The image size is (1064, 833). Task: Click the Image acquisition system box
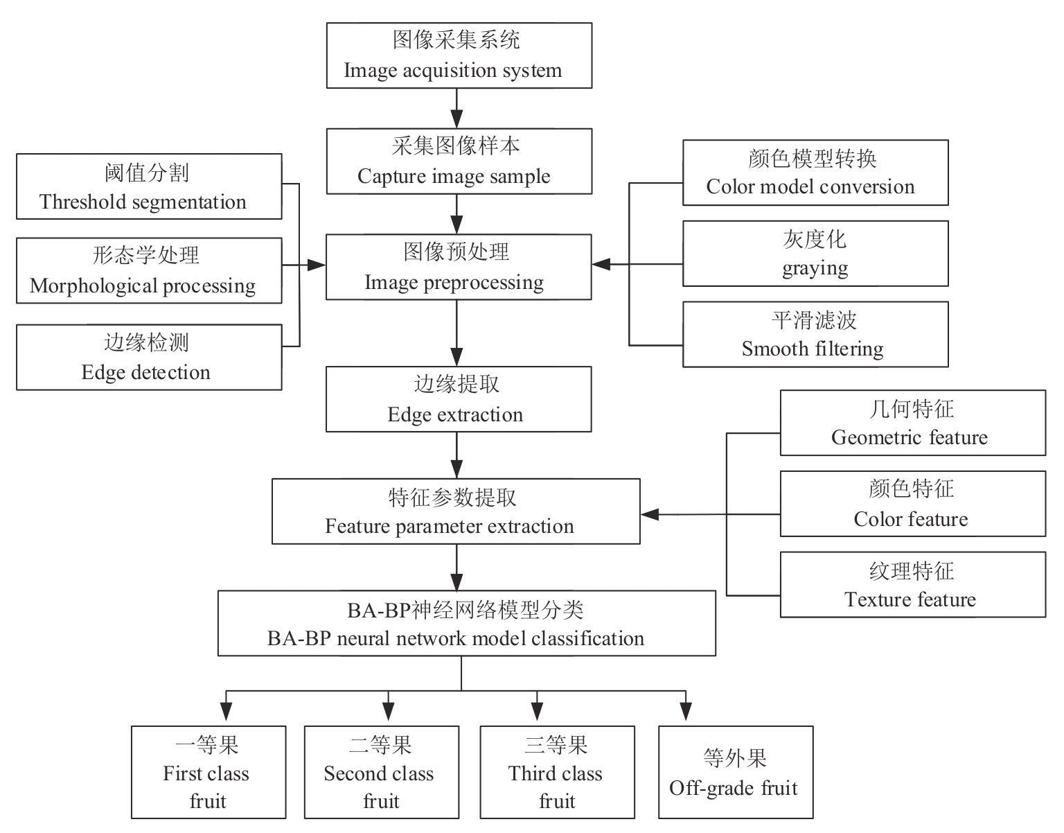click(x=459, y=55)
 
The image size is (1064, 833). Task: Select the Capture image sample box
click(x=459, y=161)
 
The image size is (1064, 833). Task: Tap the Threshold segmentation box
click(x=149, y=186)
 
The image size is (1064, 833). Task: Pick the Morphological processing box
click(x=149, y=271)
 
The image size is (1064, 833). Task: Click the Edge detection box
click(x=149, y=357)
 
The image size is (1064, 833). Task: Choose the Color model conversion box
click(x=815, y=173)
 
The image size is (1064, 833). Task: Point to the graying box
click(x=815, y=254)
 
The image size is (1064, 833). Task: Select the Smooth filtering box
click(x=815, y=334)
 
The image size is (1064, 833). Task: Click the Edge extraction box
click(x=459, y=399)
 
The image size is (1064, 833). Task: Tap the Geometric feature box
click(x=912, y=423)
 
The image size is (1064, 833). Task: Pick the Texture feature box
click(x=912, y=584)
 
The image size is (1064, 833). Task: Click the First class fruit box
click(x=209, y=772)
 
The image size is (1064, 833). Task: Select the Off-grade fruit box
click(x=735, y=772)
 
